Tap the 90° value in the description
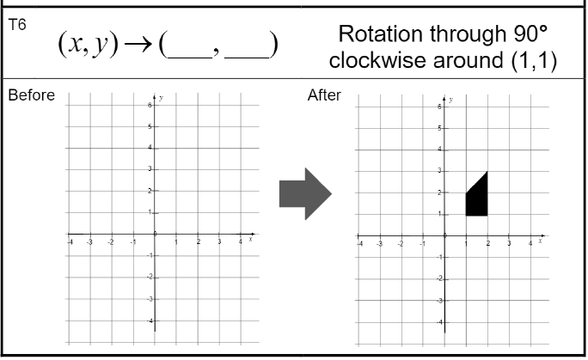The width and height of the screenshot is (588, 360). click(524, 34)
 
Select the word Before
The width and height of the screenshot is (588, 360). click(31, 95)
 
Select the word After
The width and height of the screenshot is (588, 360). click(324, 95)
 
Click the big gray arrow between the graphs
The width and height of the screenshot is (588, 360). click(305, 194)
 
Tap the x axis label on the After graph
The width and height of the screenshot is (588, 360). click(541, 240)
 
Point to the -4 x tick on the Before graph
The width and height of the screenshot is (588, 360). click(70, 242)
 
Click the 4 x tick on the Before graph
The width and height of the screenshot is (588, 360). click(241, 242)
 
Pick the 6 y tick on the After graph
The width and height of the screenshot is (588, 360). click(438, 107)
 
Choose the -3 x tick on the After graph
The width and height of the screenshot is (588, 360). click(380, 245)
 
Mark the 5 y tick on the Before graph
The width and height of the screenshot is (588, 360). click(150, 126)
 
